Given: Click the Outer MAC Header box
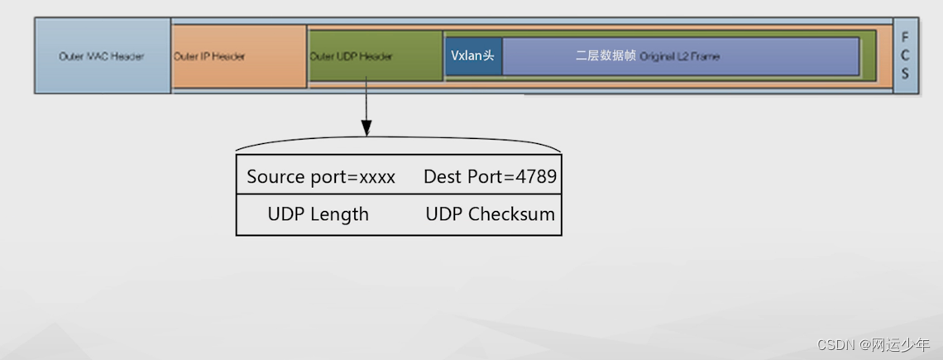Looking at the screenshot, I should tap(102, 56).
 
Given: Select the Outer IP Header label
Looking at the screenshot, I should tap(209, 56).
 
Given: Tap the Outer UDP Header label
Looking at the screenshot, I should tap(351, 56).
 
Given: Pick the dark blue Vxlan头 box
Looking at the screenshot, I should tap(472, 56).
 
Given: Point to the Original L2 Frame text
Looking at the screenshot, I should tap(680, 56).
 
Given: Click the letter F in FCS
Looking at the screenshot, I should tap(905, 38).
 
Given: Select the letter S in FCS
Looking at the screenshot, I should tap(905, 74).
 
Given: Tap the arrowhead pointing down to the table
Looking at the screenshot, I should tap(366, 128).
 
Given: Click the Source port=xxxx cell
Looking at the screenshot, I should tap(321, 177).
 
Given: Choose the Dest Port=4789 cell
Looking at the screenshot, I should tap(490, 177).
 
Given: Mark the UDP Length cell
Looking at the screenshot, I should tap(318, 214).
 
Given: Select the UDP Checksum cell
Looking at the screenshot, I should tap(490, 214).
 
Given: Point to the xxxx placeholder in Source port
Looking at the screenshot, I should tap(377, 177).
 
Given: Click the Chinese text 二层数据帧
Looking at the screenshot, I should tap(606, 56).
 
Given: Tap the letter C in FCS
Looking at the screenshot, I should tap(905, 55).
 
